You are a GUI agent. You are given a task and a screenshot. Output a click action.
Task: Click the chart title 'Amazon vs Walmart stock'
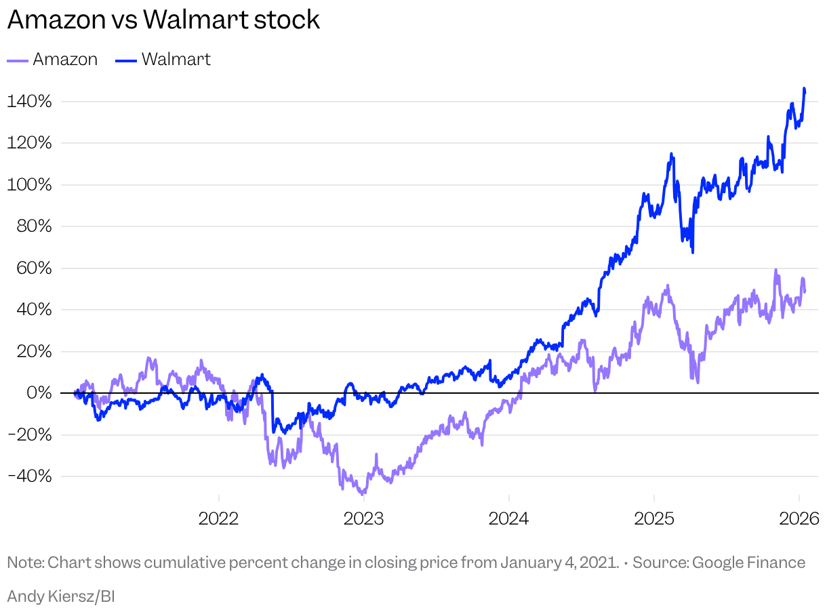click(163, 20)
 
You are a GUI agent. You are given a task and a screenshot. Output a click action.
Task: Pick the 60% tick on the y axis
click(33, 268)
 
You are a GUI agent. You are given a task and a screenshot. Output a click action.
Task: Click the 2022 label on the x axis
click(219, 519)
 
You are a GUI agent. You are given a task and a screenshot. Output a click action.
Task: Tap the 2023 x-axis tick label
click(364, 519)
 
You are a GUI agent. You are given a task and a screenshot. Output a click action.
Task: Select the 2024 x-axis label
click(509, 519)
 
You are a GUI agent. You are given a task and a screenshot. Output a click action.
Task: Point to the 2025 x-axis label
click(654, 519)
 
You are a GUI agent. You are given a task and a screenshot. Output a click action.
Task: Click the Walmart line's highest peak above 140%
click(804, 89)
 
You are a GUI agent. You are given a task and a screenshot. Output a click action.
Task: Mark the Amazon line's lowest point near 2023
click(362, 493)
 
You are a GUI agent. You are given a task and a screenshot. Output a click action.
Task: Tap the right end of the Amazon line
click(805, 291)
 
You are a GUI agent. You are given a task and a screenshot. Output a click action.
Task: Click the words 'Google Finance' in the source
click(748, 563)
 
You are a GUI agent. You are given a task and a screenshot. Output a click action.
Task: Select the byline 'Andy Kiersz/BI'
click(61, 596)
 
